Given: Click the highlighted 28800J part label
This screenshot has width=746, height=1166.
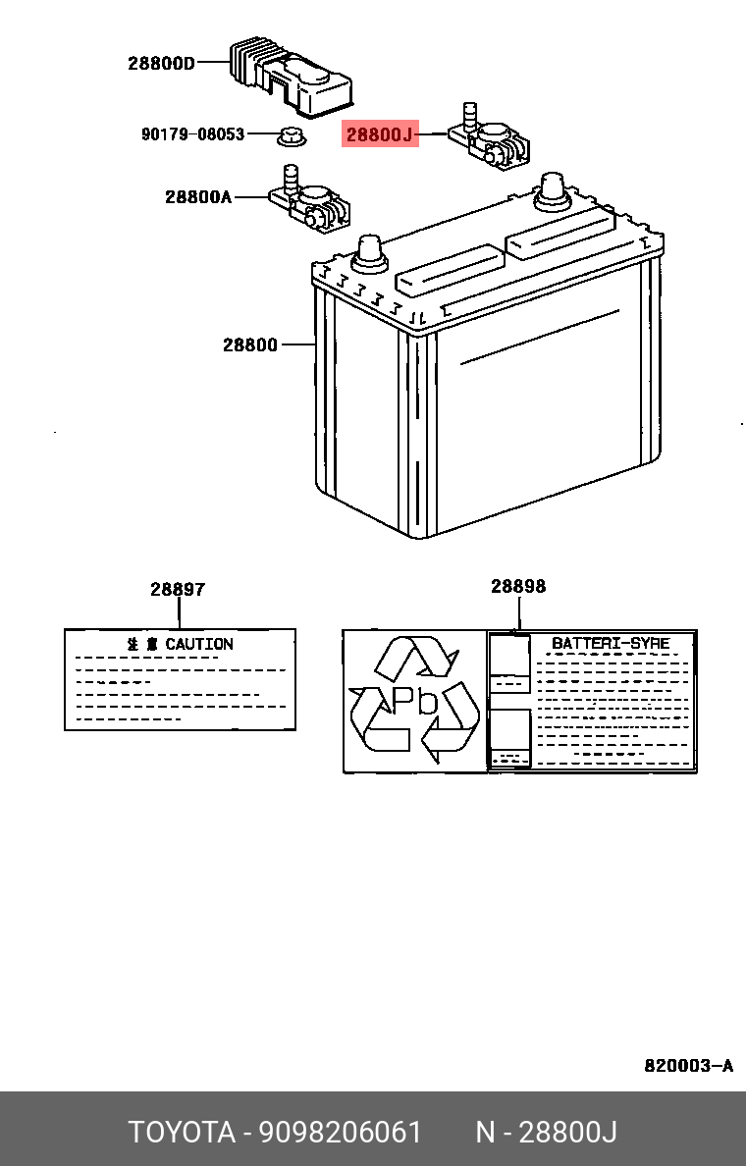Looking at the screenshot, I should click(x=380, y=134).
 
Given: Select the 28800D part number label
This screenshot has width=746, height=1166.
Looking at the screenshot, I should click(x=161, y=64).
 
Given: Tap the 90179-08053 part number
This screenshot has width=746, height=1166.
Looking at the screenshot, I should click(x=192, y=134).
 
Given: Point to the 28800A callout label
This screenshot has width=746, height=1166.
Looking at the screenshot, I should click(x=197, y=197).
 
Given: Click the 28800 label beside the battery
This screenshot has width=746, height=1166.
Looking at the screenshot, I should click(x=249, y=344).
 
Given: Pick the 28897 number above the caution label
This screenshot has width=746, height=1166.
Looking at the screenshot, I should click(x=178, y=590).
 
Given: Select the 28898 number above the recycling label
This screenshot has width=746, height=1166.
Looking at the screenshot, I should click(x=518, y=587).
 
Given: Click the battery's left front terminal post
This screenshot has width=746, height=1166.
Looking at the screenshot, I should click(x=369, y=252).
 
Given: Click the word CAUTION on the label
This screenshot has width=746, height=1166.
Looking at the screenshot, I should click(x=199, y=644).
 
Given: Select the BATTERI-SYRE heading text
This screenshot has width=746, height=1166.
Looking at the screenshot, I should click(x=610, y=644).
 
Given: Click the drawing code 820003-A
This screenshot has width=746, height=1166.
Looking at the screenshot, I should click(x=688, y=1066).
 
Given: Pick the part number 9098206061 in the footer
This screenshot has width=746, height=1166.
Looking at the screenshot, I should click(x=340, y=1132).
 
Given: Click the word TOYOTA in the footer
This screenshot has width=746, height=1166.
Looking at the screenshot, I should click(x=182, y=1132).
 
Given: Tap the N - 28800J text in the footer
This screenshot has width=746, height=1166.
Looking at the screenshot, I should click(x=546, y=1132).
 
